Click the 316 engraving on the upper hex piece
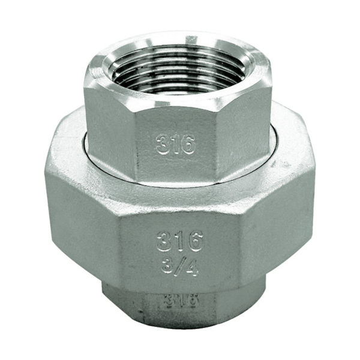pos(176,144)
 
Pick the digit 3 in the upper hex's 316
pos(163,144)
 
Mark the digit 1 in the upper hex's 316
pos(175,144)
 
